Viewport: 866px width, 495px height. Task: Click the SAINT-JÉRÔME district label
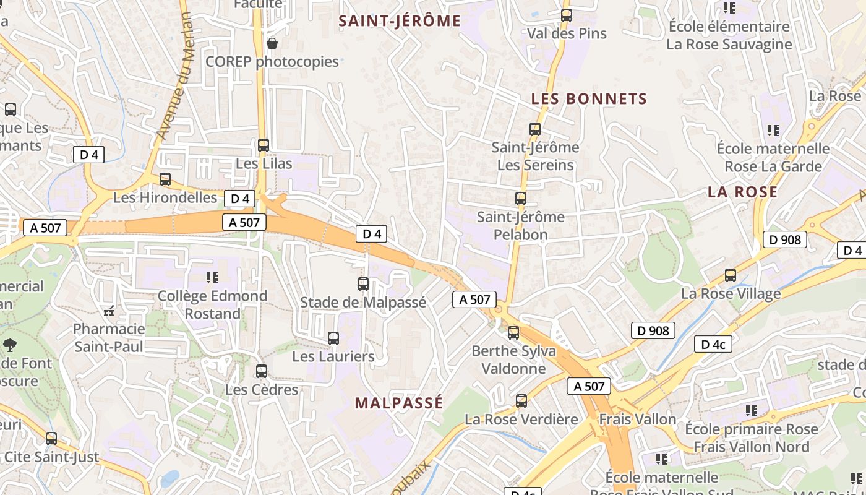400,21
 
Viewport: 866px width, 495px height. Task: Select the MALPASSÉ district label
399,403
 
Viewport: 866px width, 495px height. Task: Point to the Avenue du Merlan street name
175,76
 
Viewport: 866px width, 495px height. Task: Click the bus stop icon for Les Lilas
264,145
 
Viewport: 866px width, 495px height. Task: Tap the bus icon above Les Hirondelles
165,179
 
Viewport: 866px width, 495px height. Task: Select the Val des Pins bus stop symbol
567,15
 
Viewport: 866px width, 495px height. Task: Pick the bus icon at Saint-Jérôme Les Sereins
535,129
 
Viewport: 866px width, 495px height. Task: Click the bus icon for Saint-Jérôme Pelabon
521,199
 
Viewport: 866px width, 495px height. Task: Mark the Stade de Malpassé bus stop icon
363,284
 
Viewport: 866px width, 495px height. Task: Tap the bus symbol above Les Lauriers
333,338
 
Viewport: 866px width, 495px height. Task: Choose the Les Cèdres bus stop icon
262,371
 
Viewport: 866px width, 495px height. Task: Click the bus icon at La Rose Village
731,275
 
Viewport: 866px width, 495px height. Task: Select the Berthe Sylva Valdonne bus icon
513,333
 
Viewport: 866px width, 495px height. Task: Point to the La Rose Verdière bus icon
521,401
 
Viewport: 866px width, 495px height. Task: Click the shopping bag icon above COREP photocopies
272,43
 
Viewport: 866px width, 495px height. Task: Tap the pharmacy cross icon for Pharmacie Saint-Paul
109,311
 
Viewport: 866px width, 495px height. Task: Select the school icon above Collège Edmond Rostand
212,278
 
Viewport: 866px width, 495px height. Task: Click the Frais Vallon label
638,420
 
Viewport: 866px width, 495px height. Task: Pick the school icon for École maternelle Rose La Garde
773,131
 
